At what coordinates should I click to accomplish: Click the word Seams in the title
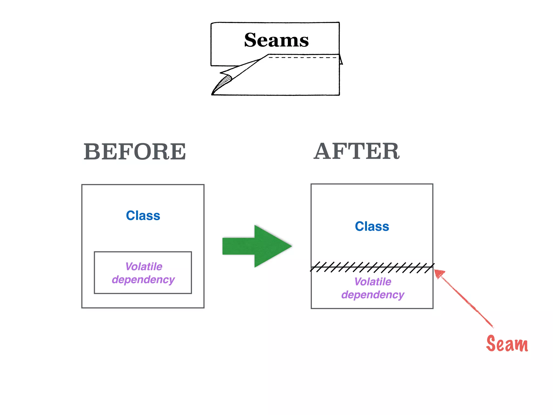pos(276,40)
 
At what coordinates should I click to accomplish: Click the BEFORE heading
pos(135,152)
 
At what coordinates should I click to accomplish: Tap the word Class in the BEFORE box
pos(143,216)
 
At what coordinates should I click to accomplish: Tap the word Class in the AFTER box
pos(372,226)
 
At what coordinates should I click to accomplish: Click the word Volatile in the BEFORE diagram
pos(144,267)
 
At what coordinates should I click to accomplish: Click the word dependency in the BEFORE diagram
pos(143,280)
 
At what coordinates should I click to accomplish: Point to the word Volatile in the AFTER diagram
pos(373,282)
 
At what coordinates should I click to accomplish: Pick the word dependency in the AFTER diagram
pos(373,295)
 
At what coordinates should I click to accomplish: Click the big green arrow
pos(257,246)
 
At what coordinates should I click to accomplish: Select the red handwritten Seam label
pos(507,344)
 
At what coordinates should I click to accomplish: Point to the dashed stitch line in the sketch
pos(302,58)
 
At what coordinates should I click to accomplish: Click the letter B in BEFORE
pos(92,152)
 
